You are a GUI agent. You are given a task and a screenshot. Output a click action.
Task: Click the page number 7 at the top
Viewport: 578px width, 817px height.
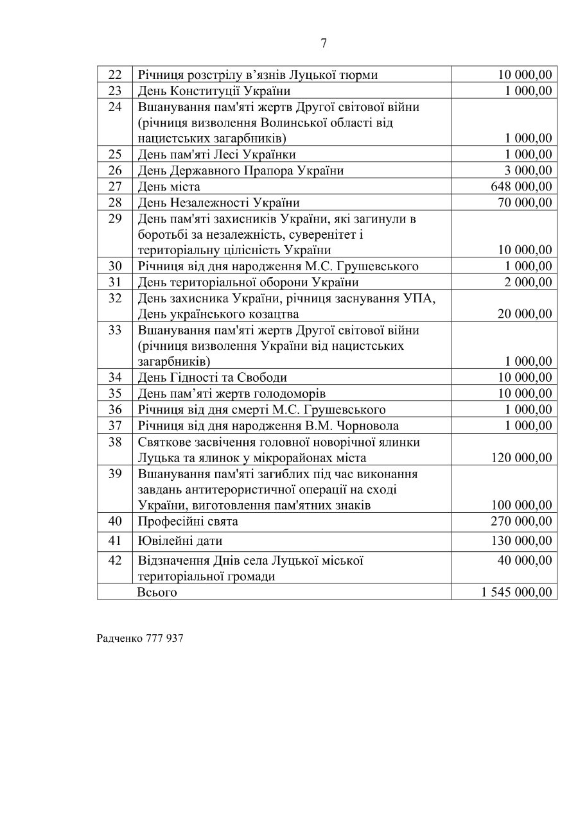(323, 43)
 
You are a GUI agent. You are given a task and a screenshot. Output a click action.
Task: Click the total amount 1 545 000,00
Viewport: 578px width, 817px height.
(516, 592)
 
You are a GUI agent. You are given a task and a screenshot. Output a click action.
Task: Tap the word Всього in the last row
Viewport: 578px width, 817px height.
(157, 592)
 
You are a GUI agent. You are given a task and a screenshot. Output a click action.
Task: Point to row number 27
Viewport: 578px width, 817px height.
(115, 187)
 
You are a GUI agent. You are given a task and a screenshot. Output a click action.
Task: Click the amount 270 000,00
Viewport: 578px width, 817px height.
(520, 522)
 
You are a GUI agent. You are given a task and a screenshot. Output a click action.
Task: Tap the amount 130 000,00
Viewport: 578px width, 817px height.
(520, 541)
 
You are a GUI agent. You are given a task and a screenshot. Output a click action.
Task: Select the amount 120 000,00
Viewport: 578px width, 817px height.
(520, 458)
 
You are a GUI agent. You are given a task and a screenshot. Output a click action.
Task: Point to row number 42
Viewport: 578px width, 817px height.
(115, 560)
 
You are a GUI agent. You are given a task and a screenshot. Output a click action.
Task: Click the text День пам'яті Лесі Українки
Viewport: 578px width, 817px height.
(216, 155)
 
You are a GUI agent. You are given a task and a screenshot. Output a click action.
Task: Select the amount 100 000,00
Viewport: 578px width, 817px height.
(520, 505)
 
